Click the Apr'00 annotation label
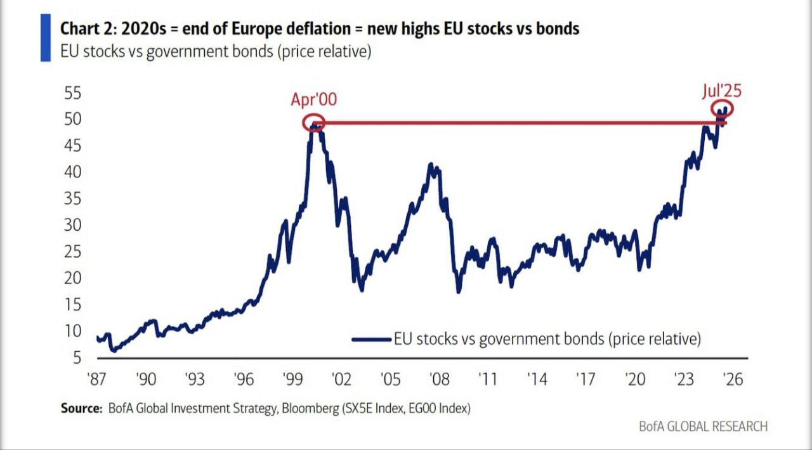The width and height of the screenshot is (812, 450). (x=313, y=100)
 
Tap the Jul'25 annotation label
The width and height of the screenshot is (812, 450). (x=722, y=91)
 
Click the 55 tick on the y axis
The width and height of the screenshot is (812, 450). (x=72, y=93)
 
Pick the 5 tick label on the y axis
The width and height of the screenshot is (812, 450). (x=77, y=358)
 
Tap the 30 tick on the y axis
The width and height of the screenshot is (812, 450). (x=72, y=226)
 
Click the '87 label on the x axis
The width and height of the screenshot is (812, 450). (x=96, y=380)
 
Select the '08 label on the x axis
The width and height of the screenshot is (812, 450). (x=440, y=380)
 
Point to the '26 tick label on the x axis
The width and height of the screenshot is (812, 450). (x=733, y=380)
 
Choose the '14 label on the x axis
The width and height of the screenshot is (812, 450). (x=537, y=380)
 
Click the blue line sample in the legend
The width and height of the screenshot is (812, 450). (x=372, y=340)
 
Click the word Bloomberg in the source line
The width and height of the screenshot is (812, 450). (x=310, y=409)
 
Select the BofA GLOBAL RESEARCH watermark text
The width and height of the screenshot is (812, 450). (x=704, y=427)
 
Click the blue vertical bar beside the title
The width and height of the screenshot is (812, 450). (x=46, y=37)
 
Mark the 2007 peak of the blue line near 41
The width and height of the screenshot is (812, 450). (x=431, y=164)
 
